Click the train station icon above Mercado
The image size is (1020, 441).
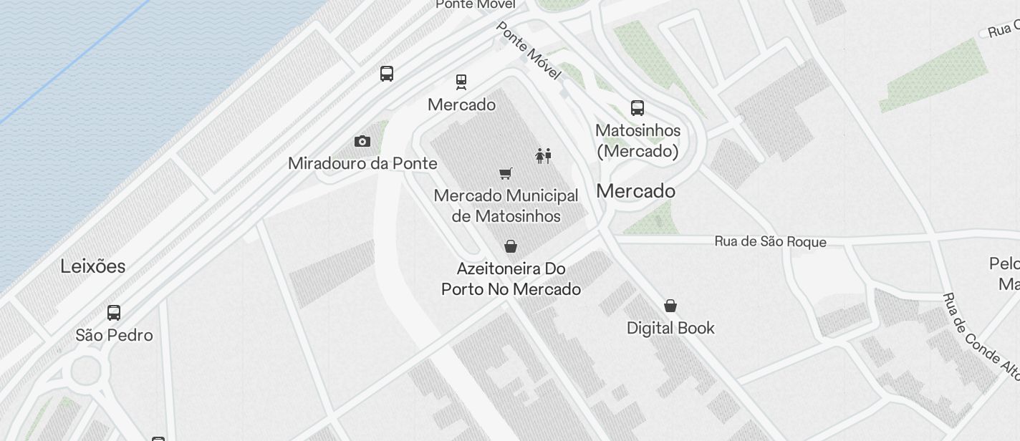pyautogui.click(x=461, y=82)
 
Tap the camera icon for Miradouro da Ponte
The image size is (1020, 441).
pyautogui.click(x=362, y=141)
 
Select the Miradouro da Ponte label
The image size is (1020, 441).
pyautogui.click(x=362, y=163)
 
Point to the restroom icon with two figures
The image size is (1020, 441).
pyautogui.click(x=544, y=155)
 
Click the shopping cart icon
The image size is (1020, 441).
pyautogui.click(x=506, y=173)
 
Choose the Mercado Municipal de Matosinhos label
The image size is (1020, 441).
pyautogui.click(x=506, y=205)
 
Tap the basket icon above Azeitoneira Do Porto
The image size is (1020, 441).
pyautogui.click(x=511, y=246)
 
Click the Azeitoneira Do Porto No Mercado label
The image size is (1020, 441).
pyautogui.click(x=511, y=278)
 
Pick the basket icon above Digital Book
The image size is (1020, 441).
pyautogui.click(x=670, y=306)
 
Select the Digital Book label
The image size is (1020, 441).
pyautogui.click(x=670, y=328)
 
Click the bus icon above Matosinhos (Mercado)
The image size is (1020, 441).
pyautogui.click(x=637, y=108)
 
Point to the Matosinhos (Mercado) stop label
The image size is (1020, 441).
pyautogui.click(x=637, y=141)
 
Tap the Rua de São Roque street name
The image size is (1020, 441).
pyautogui.click(x=770, y=242)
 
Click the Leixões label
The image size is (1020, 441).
pyautogui.click(x=93, y=266)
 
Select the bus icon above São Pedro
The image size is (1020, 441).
pyautogui.click(x=114, y=313)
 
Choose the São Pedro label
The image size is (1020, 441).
pyautogui.click(x=115, y=335)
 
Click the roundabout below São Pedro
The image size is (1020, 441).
pyautogui.click(x=86, y=371)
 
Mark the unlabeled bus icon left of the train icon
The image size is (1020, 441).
pyautogui.click(x=387, y=73)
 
